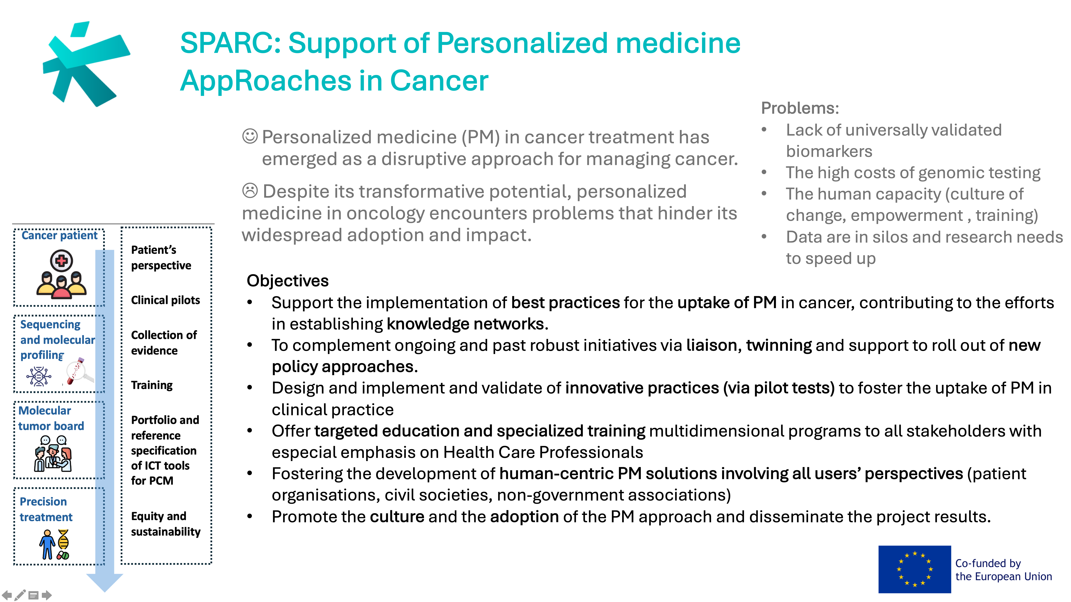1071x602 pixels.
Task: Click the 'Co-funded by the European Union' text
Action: (x=1003, y=570)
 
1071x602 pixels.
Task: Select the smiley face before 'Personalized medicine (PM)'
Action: (x=250, y=136)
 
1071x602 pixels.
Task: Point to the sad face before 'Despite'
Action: (x=250, y=191)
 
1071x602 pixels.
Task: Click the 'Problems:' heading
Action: (x=800, y=108)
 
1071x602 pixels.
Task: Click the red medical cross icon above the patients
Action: (x=61, y=261)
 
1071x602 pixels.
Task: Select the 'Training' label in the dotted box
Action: (x=152, y=385)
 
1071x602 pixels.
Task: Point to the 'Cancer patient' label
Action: (x=59, y=236)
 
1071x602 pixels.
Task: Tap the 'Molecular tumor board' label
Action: (x=51, y=418)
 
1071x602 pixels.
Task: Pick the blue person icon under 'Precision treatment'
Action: (x=47, y=544)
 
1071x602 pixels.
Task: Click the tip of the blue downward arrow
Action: (x=104, y=592)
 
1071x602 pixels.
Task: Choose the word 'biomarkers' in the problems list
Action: (x=829, y=151)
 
